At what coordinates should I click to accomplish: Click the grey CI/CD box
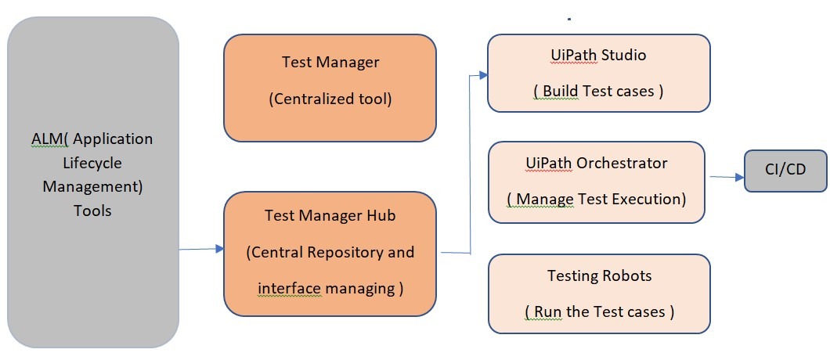(x=785, y=171)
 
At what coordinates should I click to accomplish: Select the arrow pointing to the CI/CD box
(x=726, y=177)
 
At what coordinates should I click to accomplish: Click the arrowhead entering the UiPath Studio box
(x=482, y=75)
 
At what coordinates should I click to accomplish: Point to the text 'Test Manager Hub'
(x=330, y=216)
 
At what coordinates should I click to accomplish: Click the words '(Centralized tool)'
(x=330, y=99)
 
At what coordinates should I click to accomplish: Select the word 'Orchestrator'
(x=622, y=163)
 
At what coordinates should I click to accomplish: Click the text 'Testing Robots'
(x=599, y=275)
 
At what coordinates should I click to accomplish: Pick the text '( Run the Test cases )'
(x=599, y=311)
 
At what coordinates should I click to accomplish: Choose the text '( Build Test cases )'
(x=599, y=91)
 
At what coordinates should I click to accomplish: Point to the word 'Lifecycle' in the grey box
(x=92, y=163)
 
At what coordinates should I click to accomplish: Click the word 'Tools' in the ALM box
(x=92, y=211)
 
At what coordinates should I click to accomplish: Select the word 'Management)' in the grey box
(x=92, y=187)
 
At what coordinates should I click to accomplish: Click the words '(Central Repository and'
(x=330, y=253)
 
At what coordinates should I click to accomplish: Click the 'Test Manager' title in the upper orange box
(x=330, y=63)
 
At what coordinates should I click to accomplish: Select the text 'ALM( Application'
(x=87, y=139)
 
